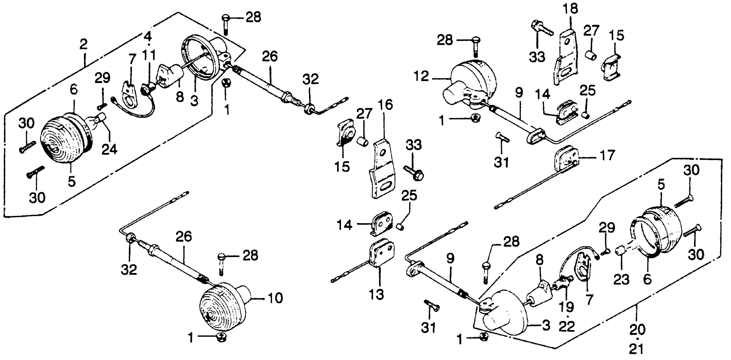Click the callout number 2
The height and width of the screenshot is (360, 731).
[x=83, y=44]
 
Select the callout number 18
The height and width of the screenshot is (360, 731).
[x=571, y=9]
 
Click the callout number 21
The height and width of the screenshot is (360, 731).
[x=637, y=349]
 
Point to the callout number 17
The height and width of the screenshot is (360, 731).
[x=606, y=155]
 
